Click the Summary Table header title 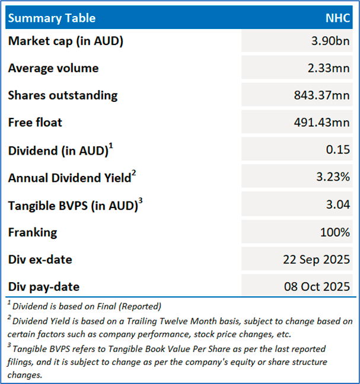52,18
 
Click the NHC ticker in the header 338,18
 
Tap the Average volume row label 53,68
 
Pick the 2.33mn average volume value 329,68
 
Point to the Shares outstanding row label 63,95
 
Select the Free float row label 35,123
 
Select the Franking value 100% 335,232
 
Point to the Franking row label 33,232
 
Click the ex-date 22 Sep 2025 317,260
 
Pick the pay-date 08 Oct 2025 317,287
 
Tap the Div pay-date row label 44,287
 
